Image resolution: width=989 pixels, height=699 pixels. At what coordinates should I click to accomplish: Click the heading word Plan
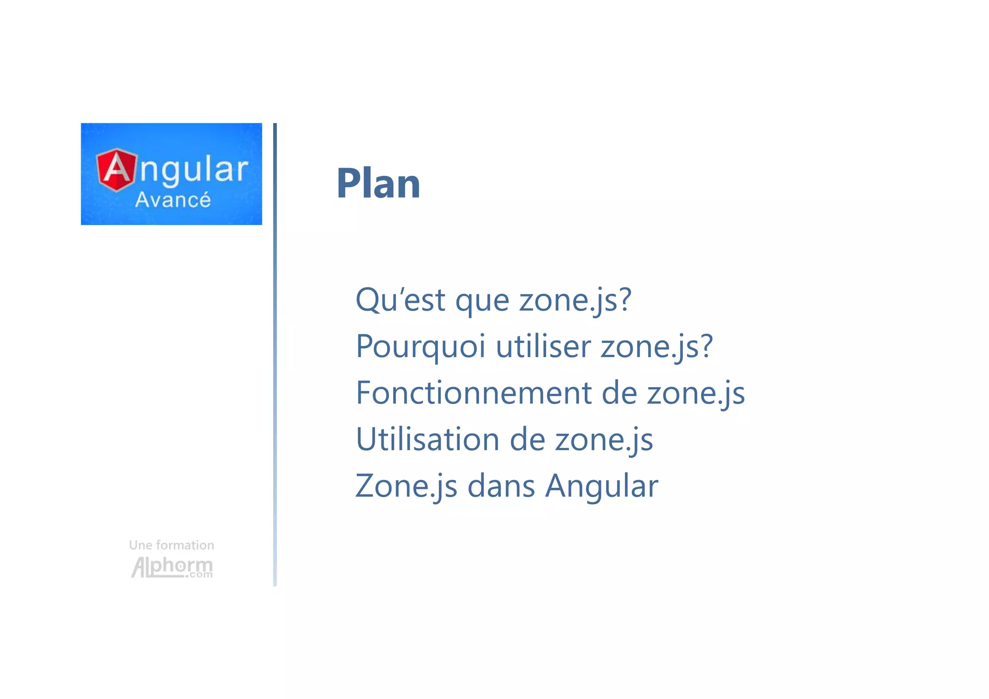[378, 184]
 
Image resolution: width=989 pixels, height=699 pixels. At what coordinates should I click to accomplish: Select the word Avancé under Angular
[173, 200]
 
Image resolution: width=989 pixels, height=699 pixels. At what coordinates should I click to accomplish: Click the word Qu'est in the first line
[400, 300]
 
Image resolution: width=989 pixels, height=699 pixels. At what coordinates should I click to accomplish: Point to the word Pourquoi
[420, 347]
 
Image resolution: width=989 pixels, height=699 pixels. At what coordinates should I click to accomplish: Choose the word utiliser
[543, 346]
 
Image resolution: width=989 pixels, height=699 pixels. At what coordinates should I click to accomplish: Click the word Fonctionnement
[473, 393]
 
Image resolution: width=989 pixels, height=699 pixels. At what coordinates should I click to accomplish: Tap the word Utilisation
[427, 439]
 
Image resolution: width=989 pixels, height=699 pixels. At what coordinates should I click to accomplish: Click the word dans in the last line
[501, 485]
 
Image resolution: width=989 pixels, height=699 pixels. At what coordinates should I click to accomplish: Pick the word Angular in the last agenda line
[601, 486]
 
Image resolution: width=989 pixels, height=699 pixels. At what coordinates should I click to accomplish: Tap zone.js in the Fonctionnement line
[695, 393]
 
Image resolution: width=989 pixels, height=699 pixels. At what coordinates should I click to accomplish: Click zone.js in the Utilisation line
[604, 440]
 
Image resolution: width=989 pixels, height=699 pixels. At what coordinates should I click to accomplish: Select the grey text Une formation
[171, 545]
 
